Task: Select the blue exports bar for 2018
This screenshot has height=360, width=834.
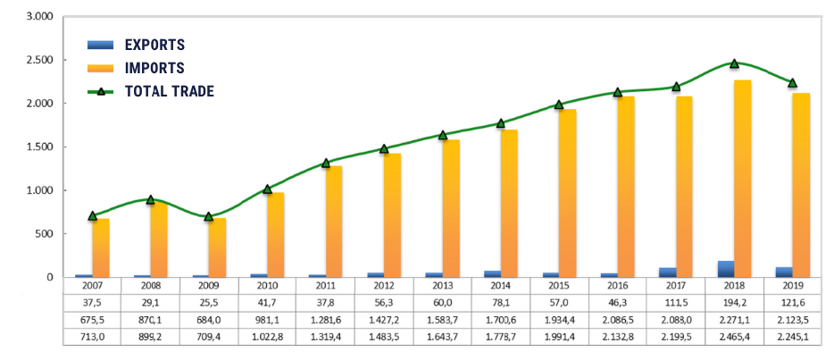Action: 726,269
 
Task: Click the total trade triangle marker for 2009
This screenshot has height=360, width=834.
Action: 209,216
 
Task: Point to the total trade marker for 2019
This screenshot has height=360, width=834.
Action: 792,83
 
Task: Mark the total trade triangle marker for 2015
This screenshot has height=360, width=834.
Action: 559,105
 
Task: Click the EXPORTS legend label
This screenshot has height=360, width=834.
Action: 154,45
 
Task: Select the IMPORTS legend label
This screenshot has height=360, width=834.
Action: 154,68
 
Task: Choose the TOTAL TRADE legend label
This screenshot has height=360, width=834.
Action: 170,91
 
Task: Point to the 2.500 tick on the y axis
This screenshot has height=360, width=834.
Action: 40,60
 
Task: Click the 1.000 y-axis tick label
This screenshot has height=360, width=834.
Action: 40,190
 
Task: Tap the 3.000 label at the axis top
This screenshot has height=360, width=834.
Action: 40,17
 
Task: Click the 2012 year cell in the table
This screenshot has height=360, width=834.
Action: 384,286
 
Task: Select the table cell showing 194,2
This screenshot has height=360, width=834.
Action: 735,302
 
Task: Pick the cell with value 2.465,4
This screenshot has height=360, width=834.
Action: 735,335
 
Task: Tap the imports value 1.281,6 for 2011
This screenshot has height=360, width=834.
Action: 326,319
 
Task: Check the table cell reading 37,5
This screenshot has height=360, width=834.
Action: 92,302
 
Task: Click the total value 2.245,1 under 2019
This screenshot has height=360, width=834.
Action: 793,335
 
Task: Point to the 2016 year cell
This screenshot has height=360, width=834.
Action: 618,286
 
